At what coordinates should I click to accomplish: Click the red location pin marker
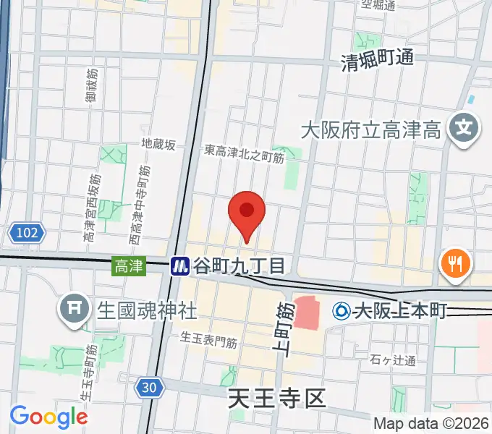pyautogui.click(x=247, y=212)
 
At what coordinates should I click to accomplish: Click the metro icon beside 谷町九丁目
pyautogui.click(x=180, y=266)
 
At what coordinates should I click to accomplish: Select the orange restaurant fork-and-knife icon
pyautogui.click(x=454, y=263)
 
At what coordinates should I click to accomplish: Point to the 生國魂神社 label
pyautogui.click(x=147, y=310)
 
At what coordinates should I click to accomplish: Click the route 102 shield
pyautogui.click(x=27, y=233)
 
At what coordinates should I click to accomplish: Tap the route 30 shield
pyautogui.click(x=148, y=388)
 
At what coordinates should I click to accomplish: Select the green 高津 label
pyautogui.click(x=124, y=266)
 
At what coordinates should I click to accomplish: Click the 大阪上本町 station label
pyautogui.click(x=400, y=312)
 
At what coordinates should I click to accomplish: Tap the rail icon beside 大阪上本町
pyautogui.click(x=341, y=312)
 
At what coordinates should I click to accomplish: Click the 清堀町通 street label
pyautogui.click(x=378, y=59)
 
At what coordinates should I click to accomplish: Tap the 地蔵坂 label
pyautogui.click(x=158, y=145)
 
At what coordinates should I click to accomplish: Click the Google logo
pyautogui.click(x=48, y=417)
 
